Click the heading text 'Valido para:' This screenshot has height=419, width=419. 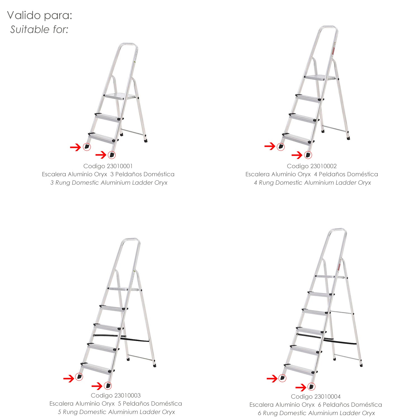click(40, 16)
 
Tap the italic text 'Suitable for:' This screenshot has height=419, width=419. click(39, 29)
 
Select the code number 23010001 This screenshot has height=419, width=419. click(119, 166)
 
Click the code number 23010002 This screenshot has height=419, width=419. click(323, 166)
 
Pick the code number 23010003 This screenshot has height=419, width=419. click(127, 396)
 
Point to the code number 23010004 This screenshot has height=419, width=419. click(327, 397)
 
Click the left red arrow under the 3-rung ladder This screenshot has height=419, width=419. click(75, 147)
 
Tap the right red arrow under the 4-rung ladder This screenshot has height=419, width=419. click(297, 155)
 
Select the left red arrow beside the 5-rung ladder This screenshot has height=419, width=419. click(69, 379)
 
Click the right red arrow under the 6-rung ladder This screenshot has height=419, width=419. click(301, 387)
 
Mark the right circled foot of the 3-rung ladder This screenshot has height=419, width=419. click(112, 155)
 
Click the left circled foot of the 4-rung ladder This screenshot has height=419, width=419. click(281, 146)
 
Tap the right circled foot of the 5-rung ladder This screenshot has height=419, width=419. click(108, 386)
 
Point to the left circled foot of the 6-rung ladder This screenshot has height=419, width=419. click(282, 378)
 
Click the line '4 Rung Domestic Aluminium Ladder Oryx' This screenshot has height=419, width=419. click(312, 183)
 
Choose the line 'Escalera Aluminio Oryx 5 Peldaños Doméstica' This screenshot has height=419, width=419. click(116, 404)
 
